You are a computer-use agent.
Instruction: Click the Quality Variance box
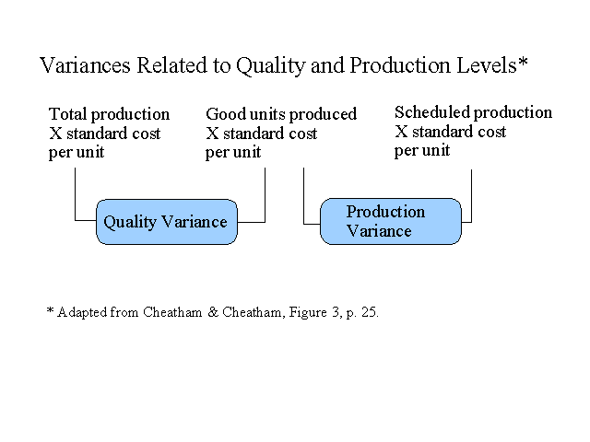[x=167, y=222]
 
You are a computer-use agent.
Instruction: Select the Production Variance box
[x=391, y=221]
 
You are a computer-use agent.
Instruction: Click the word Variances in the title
[x=85, y=65]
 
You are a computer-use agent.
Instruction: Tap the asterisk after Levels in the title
[x=523, y=62]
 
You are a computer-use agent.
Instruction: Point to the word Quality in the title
[x=270, y=66]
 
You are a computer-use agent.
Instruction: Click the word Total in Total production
[x=68, y=114]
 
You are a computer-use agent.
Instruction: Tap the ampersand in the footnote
[x=213, y=312]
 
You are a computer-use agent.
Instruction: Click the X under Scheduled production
[x=402, y=132]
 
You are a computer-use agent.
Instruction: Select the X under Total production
[x=55, y=134]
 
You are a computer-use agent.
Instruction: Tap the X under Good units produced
[x=212, y=134]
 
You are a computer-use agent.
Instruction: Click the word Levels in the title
[x=487, y=65]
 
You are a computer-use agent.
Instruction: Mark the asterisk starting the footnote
[x=51, y=310]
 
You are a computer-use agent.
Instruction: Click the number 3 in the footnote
[x=336, y=312]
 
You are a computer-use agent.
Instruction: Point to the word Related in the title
[x=171, y=65]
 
